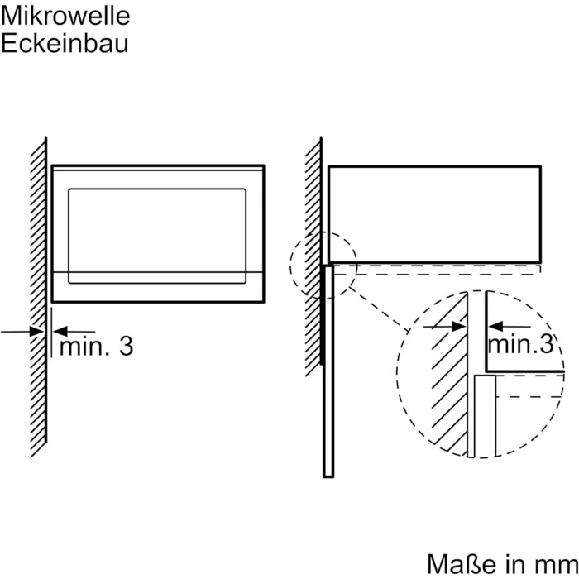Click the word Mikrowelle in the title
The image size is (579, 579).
click(65, 17)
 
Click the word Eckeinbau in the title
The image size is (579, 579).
click(65, 44)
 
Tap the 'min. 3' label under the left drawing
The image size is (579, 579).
click(97, 347)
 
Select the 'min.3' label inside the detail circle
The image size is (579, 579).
click(520, 344)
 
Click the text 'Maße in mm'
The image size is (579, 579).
click(503, 565)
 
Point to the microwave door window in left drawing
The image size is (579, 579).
click(157, 236)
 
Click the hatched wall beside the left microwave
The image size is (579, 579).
click(38, 297)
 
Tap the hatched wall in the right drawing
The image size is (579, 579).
click(313, 256)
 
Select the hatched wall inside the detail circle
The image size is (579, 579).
click(448, 373)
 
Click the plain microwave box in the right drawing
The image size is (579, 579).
click(434, 214)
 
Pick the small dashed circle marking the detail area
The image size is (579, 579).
click(323, 266)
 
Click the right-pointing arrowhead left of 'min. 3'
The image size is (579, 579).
click(37, 331)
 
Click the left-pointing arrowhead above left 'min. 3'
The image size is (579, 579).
click(60, 331)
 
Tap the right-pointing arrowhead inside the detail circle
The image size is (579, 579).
click(459, 327)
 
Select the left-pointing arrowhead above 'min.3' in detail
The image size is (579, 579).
click(495, 327)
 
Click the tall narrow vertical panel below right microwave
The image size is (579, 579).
click(328, 371)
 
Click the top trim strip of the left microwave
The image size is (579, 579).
click(158, 168)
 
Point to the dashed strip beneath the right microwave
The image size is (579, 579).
click(437, 270)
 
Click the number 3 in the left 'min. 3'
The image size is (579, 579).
click(127, 347)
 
